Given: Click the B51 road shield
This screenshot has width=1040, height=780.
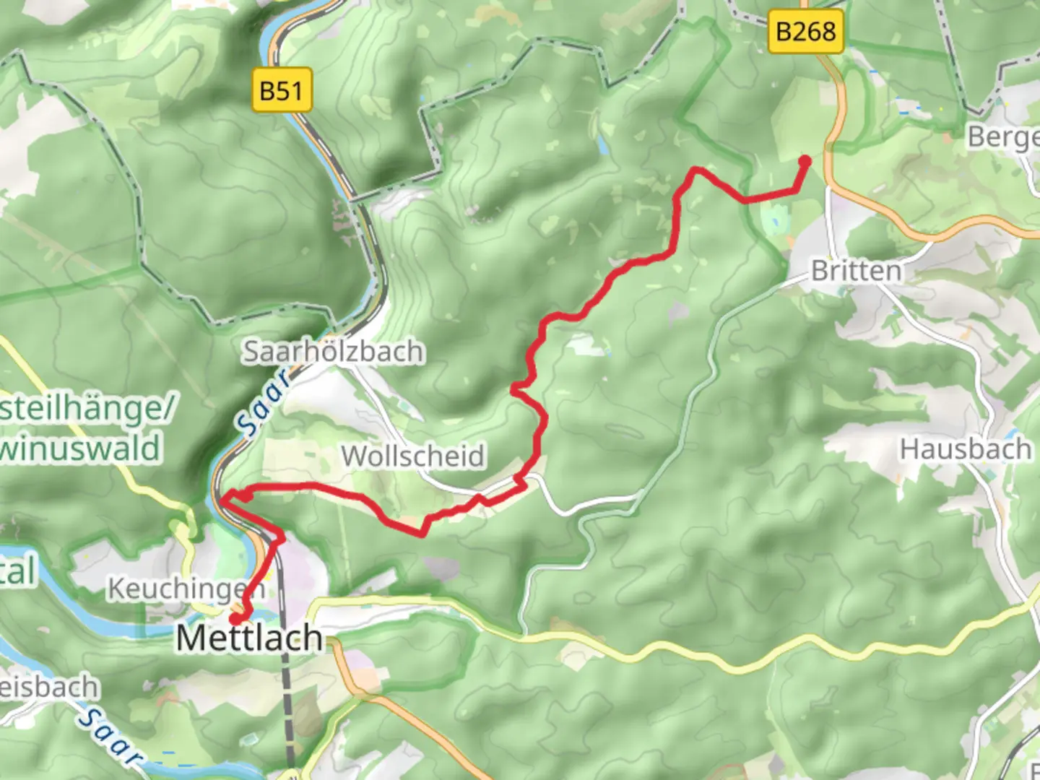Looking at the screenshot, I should click(282, 90).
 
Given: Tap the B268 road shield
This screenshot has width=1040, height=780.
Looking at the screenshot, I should click(805, 31).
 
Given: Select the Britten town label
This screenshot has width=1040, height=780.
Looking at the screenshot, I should click(857, 272).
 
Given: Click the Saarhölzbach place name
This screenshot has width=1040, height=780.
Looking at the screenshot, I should click(333, 352).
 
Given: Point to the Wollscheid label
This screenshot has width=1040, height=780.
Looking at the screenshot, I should click(412, 456).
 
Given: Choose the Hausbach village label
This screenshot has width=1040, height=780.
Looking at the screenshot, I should click(965, 449).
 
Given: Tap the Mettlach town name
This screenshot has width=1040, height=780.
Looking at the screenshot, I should click(249, 638).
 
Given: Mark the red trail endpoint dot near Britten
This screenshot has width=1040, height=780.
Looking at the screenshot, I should click(804, 161).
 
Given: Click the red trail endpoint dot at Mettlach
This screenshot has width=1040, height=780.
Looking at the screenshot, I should click(236, 618).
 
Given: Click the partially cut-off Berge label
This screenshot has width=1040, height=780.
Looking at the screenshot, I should click(1004, 136).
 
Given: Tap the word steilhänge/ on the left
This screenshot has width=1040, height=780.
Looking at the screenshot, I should click(87, 409).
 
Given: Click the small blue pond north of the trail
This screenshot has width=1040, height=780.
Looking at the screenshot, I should click(602, 145).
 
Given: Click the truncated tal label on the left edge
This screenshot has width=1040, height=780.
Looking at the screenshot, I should click(17, 572).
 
